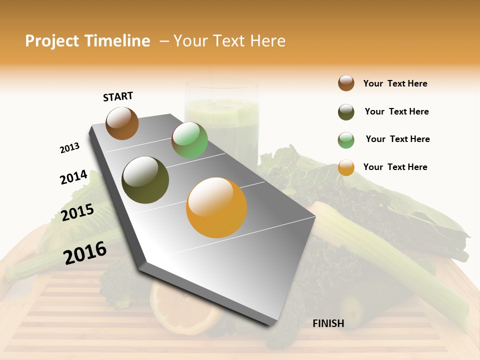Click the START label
click(118, 96)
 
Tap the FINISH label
click(328, 323)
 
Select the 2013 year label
click(69, 148)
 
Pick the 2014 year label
click(73, 177)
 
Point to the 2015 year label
click(77, 212)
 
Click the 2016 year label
click(85, 252)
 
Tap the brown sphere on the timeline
click(122, 123)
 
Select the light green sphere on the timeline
click(189, 140)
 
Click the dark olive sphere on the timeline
click(145, 180)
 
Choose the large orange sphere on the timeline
click(216, 207)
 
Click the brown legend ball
click(346, 83)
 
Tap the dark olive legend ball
click(346, 112)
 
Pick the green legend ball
click(346, 140)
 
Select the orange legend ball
click(346, 167)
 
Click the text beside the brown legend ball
click(395, 83)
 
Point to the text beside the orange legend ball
click(395, 167)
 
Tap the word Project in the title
click(52, 41)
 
